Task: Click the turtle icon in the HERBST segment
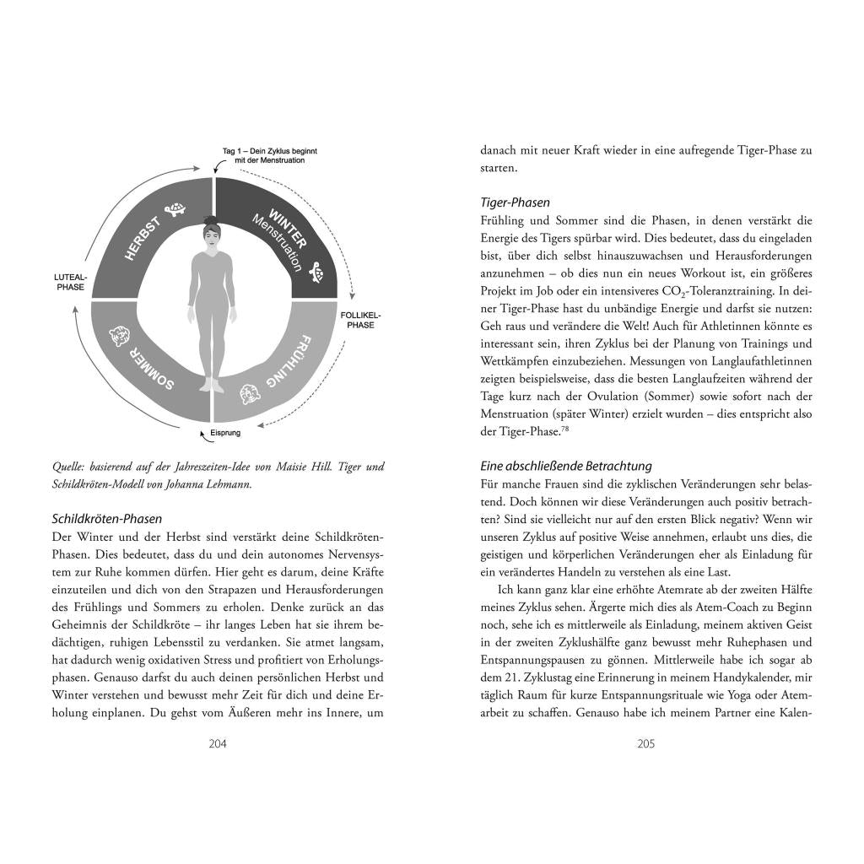click(x=177, y=207)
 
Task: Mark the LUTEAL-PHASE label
click(x=69, y=282)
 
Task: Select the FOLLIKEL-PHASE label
click(x=360, y=319)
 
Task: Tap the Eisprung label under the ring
click(x=225, y=433)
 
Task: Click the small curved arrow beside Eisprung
click(x=202, y=435)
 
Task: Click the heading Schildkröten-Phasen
click(x=107, y=519)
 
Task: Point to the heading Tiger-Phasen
click(x=515, y=202)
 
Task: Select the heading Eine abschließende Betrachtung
click(x=565, y=466)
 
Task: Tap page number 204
click(x=218, y=743)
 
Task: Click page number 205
click(x=646, y=743)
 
